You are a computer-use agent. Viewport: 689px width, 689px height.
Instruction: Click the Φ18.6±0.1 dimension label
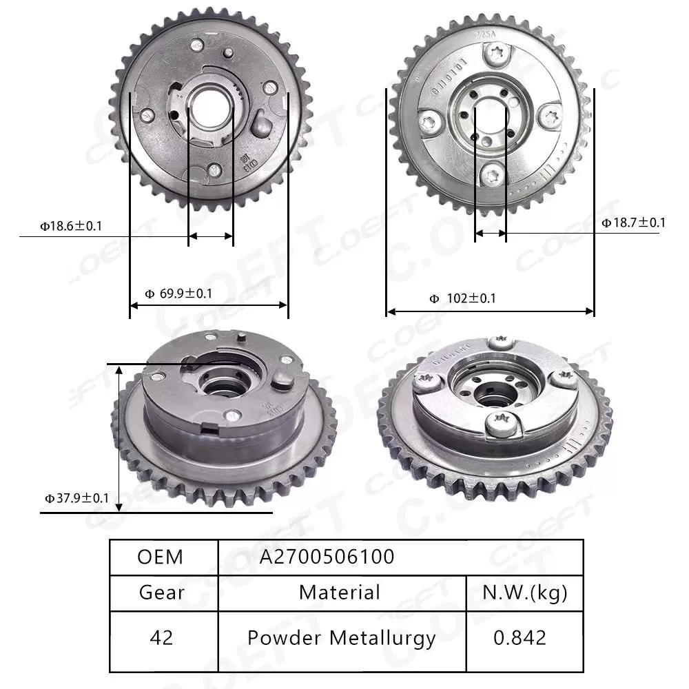coord(71,225)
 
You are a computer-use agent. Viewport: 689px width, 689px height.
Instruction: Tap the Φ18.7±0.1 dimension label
coord(633,222)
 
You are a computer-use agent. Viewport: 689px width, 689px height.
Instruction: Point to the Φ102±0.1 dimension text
coord(462,298)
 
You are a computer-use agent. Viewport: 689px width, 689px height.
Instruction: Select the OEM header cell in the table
coord(161,556)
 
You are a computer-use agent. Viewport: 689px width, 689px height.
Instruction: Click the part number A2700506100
coord(327,556)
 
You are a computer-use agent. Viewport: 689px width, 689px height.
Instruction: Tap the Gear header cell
coord(162,592)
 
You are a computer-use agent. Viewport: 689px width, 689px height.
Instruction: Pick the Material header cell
coord(340,592)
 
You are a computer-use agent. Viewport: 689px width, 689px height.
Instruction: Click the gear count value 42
coord(162,637)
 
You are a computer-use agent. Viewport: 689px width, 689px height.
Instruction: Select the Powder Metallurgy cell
coord(342,637)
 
